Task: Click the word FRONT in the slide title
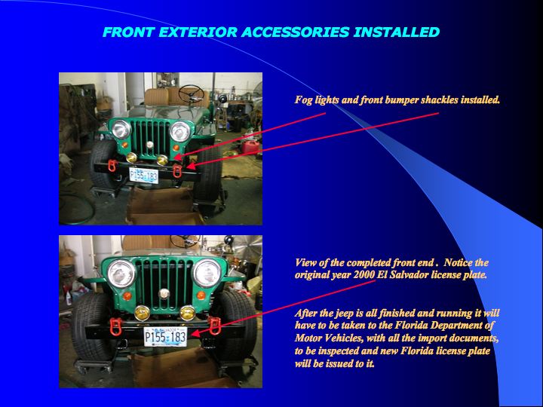point(128,32)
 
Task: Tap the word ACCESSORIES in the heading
point(296,32)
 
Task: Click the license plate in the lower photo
point(165,337)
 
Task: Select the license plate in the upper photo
point(144,175)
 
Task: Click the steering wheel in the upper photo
point(191,93)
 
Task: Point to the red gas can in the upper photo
point(250,147)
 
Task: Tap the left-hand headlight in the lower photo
point(121,274)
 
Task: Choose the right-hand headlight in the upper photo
point(180,131)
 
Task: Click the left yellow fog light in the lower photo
point(142,313)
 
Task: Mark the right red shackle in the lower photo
point(215,326)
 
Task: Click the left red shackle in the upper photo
point(112,166)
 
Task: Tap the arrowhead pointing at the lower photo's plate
point(195,334)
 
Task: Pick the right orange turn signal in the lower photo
point(201,295)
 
